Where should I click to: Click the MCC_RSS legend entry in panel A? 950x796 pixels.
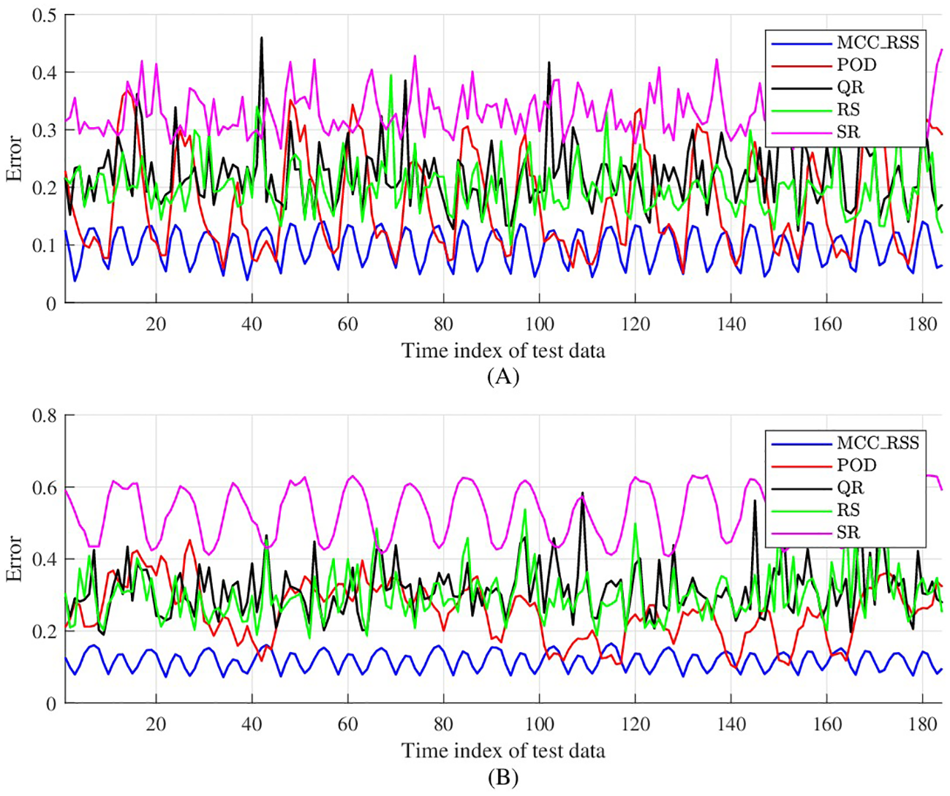pos(877,42)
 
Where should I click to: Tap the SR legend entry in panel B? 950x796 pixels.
pos(848,532)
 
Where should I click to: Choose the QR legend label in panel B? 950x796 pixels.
pos(850,488)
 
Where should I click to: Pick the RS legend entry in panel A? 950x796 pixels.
pos(848,110)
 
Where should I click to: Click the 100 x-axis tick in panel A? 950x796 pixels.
pos(539,324)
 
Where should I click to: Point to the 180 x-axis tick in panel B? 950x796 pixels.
pos(922,724)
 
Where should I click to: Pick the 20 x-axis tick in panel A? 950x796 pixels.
pos(156,324)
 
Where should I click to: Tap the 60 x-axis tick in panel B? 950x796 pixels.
pos(347,724)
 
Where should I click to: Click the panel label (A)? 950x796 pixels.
pos(502,376)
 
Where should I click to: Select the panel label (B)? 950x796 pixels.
pos(502,778)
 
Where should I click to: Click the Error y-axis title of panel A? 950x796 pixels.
pos(15,158)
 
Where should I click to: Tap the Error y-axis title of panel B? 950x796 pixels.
pos(15,559)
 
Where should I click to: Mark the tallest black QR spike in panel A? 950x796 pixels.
pos(261,38)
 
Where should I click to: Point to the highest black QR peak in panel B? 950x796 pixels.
pos(583,494)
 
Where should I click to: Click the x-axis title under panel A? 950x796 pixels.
pos(503,351)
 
